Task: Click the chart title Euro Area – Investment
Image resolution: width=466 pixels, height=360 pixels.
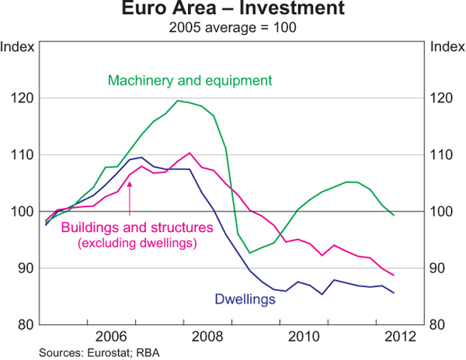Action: [x=231, y=11]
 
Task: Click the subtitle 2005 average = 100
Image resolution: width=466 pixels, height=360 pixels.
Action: [x=231, y=28]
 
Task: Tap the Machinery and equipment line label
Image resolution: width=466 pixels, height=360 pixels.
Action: [x=190, y=80]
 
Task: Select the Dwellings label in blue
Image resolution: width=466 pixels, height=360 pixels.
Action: [x=245, y=297]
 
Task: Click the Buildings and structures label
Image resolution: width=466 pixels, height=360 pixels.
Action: [x=137, y=228]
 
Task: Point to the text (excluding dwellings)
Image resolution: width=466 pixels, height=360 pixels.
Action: [x=137, y=244]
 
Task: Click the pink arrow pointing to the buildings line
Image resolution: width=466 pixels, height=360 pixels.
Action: [x=130, y=197]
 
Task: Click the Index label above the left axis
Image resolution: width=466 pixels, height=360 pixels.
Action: [x=19, y=47]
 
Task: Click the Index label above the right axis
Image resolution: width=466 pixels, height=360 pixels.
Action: [x=446, y=47]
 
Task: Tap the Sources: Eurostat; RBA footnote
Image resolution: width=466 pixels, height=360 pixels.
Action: [x=86, y=352]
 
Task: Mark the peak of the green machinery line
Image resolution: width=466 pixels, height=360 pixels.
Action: [x=179, y=101]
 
